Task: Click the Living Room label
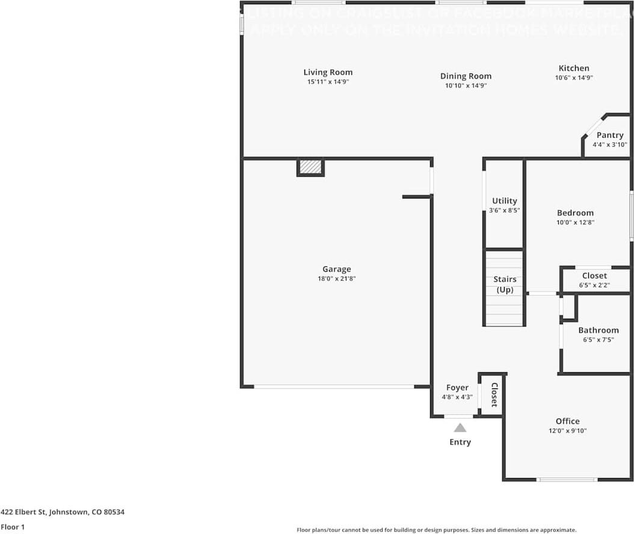point(328,72)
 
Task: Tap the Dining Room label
point(466,76)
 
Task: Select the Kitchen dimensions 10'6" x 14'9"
point(574,78)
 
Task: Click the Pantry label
point(610,135)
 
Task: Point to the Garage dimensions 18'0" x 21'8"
point(336,278)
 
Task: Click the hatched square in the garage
point(310,167)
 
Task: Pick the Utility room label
point(504,201)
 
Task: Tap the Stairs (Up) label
point(505,284)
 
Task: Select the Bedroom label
point(575,212)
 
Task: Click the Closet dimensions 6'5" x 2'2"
point(594,285)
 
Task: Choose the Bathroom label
point(598,330)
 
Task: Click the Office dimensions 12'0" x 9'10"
point(567,431)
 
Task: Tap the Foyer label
point(457,388)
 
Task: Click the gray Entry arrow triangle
point(460,428)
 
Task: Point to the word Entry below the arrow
point(460,442)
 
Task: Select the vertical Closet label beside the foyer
point(494,394)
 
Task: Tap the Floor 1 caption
point(13,527)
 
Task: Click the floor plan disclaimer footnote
point(436,530)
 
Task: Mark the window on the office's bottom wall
point(567,479)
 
